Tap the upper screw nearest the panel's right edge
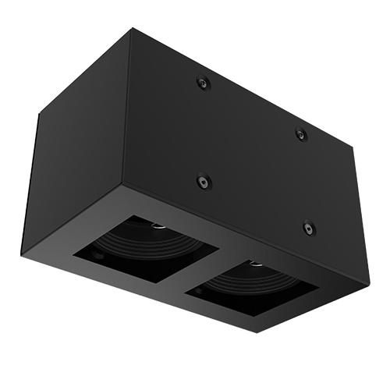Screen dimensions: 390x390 coord(300,135)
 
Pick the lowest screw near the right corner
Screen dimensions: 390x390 coord(307,229)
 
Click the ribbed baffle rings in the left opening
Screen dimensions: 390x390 coord(144,242)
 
